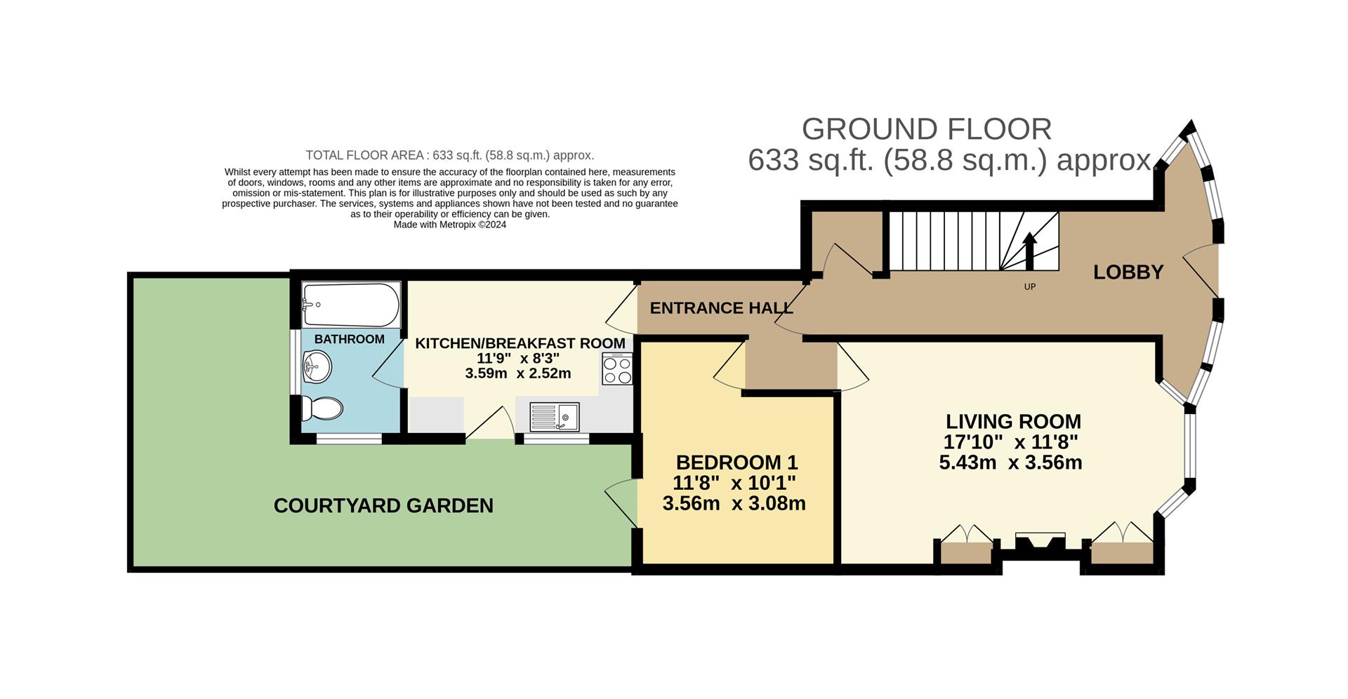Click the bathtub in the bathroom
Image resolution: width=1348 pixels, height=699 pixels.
point(351,305)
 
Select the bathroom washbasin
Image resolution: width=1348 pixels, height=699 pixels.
point(317,366)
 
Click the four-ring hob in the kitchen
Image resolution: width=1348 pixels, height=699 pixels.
point(617,368)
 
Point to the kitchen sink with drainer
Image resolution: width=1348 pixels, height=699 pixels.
point(554,417)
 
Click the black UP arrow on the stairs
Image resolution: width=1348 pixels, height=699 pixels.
point(1029,251)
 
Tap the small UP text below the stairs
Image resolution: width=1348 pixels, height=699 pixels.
point(1030,287)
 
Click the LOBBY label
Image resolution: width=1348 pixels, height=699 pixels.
point(1128,272)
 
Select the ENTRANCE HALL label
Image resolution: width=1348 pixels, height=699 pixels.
point(721,308)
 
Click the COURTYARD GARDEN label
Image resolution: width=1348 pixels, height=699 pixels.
point(383,506)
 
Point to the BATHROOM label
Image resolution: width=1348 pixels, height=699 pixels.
point(349,340)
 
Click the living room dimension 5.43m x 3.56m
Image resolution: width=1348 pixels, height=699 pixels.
point(1010,463)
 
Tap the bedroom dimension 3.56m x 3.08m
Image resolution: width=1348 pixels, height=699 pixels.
point(734,504)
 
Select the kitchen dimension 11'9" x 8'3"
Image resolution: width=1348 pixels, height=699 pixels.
point(518,358)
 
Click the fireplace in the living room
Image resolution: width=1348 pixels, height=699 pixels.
point(1040,544)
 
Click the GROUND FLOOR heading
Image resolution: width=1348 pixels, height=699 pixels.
point(926,129)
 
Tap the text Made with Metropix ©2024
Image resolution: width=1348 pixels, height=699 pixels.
point(449,225)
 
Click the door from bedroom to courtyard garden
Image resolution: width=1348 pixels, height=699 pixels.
point(621,502)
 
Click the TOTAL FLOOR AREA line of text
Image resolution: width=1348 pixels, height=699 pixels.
point(449,155)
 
